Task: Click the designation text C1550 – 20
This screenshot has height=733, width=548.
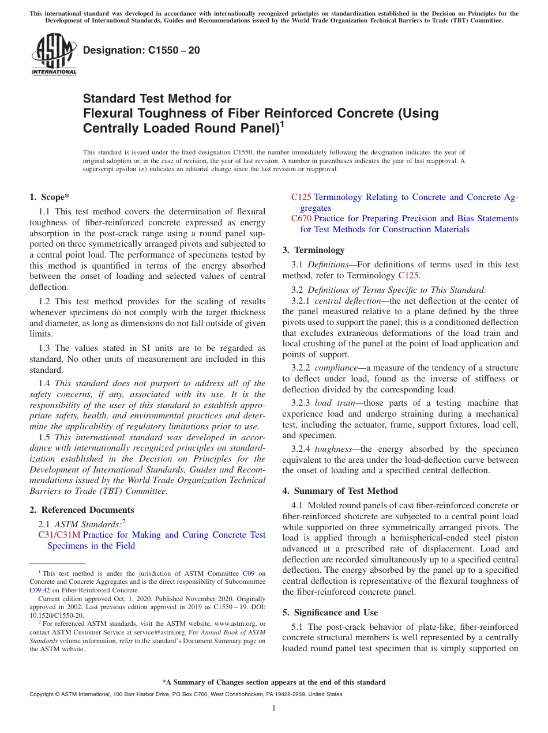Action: (141, 50)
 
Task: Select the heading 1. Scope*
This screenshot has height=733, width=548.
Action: (50, 197)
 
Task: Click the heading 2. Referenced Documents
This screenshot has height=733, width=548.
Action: (82, 510)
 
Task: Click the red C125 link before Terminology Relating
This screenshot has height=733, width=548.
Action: (301, 197)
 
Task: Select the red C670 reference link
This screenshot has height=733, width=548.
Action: (301, 218)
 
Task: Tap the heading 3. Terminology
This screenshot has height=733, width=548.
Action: (313, 250)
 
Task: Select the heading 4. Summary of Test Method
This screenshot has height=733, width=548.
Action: (340, 491)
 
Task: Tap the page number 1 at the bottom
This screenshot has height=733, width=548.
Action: (274, 708)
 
